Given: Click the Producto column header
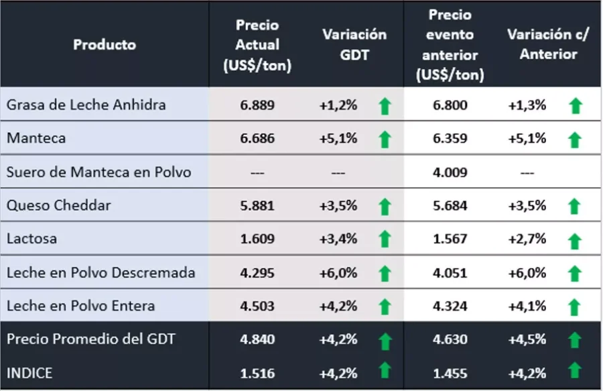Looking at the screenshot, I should coord(105,45).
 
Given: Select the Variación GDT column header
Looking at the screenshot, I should coord(354,45).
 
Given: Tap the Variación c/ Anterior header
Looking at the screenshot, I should coord(548,44).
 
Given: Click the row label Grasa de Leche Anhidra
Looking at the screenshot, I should coord(86,105).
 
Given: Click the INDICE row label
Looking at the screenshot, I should coord(29,372).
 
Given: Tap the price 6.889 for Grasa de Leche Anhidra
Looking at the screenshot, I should coord(257,105).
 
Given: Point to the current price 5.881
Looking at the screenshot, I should coord(257,205).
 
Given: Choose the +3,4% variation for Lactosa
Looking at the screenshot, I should coord(338,239).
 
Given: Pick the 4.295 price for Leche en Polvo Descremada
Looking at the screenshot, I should coord(257,272).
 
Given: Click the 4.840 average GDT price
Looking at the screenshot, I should coord(257,339).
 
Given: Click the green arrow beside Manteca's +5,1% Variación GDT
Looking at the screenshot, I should coord(385,139).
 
